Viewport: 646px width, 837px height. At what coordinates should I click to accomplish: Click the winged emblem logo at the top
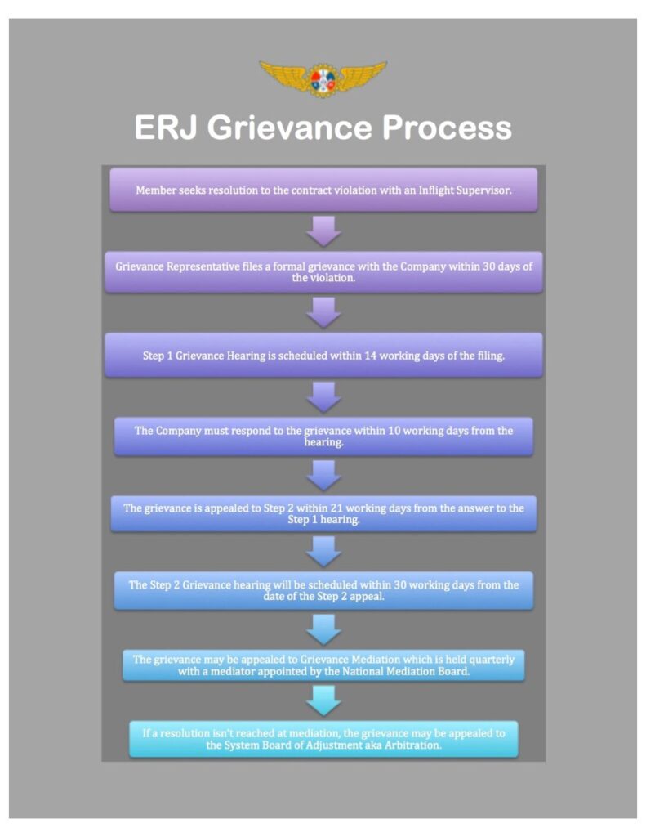pos(323,78)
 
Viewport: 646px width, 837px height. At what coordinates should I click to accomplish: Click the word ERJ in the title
pos(166,128)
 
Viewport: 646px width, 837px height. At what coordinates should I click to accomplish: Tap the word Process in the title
pos(447,128)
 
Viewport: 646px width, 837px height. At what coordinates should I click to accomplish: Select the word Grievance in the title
pos(290,128)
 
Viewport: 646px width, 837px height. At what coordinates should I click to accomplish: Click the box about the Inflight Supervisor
pos(323,190)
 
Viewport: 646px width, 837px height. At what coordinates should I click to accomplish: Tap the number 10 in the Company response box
pos(394,431)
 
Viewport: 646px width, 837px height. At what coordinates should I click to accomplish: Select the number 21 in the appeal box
pos(336,508)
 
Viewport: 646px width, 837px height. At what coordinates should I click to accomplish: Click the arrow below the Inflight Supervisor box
pos(323,231)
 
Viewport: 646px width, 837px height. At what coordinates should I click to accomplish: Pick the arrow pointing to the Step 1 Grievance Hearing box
pos(323,312)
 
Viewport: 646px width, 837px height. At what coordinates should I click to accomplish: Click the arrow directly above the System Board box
pos(323,700)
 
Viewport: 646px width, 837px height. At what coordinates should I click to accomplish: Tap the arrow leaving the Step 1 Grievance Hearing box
pos(323,397)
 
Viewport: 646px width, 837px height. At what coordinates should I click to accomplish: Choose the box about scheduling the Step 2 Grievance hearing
pos(323,590)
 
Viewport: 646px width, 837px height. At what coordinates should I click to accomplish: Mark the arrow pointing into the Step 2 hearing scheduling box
pos(323,552)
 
